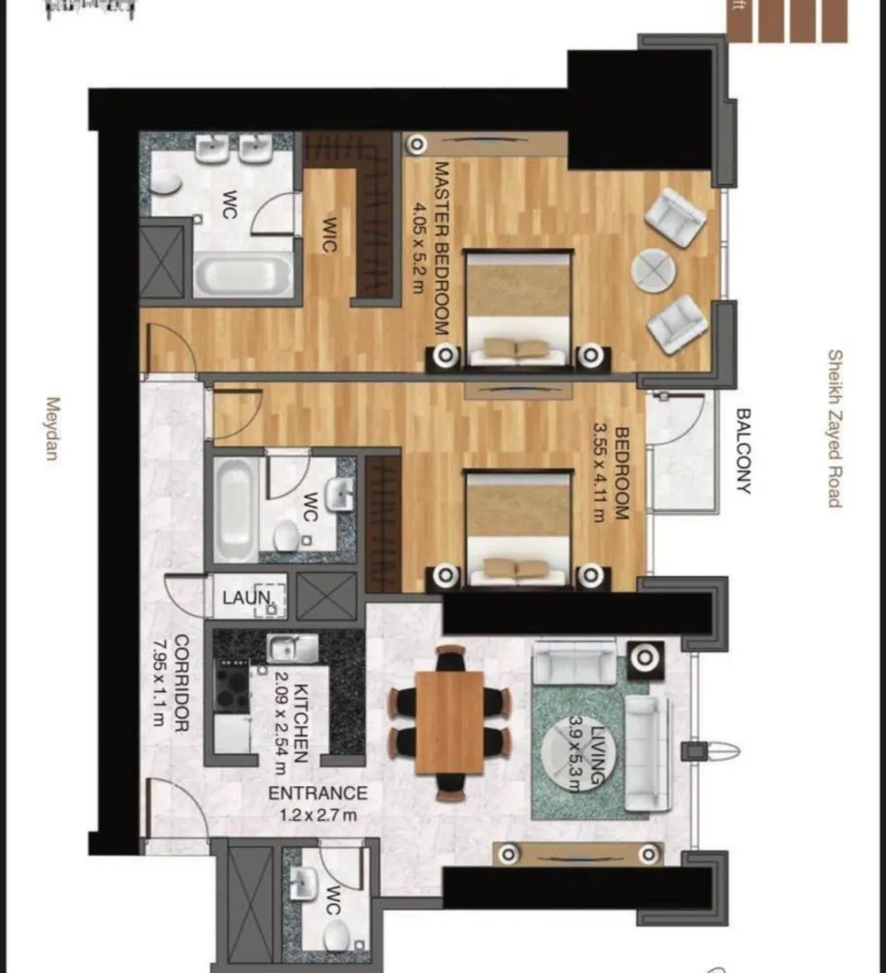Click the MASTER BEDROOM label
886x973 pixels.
(x=441, y=247)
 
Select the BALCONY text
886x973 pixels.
(x=743, y=450)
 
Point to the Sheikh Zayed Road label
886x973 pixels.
(x=834, y=428)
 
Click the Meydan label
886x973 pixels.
(x=51, y=428)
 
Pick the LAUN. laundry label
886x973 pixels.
(x=245, y=598)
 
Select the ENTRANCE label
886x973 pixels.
(x=317, y=793)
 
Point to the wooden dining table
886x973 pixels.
(x=449, y=722)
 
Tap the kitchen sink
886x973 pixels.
(x=293, y=648)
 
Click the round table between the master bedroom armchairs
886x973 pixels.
(x=655, y=269)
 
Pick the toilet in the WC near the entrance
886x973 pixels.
(x=336, y=935)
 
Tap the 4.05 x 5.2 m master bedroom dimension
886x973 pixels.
(x=419, y=247)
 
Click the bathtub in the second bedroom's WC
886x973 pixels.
(x=235, y=509)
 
